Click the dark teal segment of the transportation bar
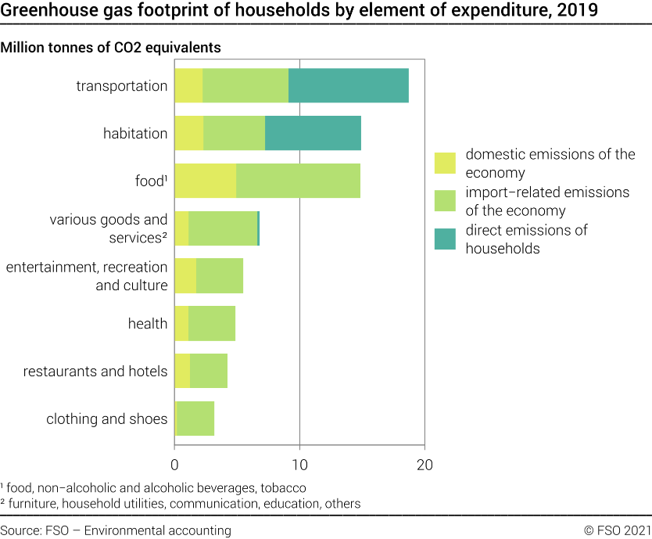pyautogui.click(x=348, y=85)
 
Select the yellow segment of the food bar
pyautogui.click(x=205, y=181)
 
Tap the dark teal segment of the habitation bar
pyautogui.click(x=313, y=133)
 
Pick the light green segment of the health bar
pyautogui.click(x=211, y=323)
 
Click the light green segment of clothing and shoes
pyautogui.click(x=195, y=419)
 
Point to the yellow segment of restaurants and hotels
pyautogui.click(x=181, y=371)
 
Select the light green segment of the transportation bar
pyautogui.click(x=245, y=85)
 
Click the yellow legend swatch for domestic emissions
pyautogui.click(x=445, y=163)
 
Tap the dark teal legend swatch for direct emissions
pyautogui.click(x=445, y=239)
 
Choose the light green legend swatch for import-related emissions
pyautogui.click(x=445, y=201)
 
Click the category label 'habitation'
pyautogui.click(x=135, y=134)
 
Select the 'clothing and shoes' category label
pyautogui.click(x=106, y=419)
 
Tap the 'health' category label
pyautogui.click(x=148, y=324)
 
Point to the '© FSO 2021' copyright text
pyautogui.click(x=617, y=530)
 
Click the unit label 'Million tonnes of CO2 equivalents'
pyautogui.click(x=111, y=48)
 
